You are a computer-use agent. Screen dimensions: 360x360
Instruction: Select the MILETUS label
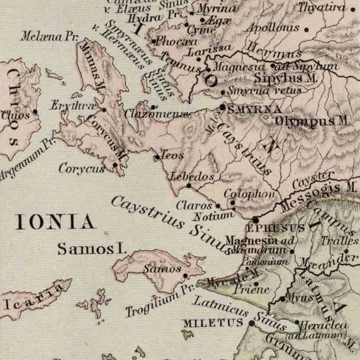(x=213, y=323)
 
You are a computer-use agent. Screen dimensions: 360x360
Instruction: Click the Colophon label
(x=249, y=194)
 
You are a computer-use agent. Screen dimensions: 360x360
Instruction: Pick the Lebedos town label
(x=193, y=177)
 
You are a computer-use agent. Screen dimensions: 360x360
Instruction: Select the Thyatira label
(x=327, y=8)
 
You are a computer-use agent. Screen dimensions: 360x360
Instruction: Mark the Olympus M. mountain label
(x=312, y=121)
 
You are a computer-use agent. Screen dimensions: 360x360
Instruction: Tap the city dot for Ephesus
(x=255, y=219)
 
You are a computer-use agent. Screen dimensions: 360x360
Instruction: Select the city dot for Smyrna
(x=223, y=107)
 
